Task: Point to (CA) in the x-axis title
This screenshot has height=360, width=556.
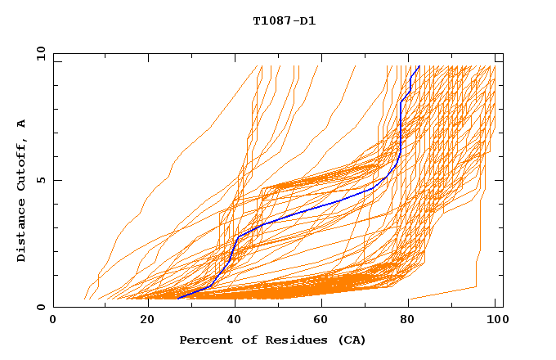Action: [x=352, y=340]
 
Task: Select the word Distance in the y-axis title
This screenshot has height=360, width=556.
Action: [x=22, y=229]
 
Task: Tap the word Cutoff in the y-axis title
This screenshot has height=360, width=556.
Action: [x=22, y=164]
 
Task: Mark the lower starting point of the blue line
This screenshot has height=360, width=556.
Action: [x=178, y=299]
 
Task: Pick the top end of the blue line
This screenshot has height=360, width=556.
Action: [x=419, y=66]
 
